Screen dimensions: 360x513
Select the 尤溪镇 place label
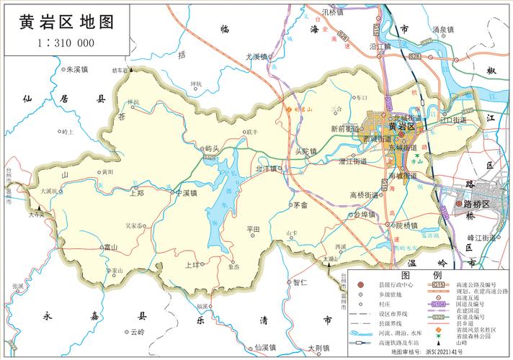[x=256, y=55]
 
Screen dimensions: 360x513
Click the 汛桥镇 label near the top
[x=334, y=12]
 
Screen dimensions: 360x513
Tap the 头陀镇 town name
[x=306, y=152]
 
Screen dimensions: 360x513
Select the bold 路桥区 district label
[x=476, y=204]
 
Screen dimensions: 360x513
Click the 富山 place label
[x=110, y=247]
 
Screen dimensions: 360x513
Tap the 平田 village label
[x=253, y=229]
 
